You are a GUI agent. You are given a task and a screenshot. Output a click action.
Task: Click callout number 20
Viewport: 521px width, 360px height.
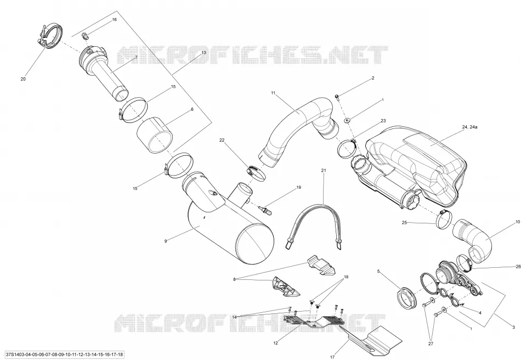23,79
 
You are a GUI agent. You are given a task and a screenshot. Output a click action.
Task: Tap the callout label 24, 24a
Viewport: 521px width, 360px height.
469,127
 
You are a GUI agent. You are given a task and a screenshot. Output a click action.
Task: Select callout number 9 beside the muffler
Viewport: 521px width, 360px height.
166,241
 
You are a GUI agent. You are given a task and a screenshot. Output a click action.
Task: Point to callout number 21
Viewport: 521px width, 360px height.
324,170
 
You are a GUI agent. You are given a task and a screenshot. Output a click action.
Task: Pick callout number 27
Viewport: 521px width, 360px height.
431,344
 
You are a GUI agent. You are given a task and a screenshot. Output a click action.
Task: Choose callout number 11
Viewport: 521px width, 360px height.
273,93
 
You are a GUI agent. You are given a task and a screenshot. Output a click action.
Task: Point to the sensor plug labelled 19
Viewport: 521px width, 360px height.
265,210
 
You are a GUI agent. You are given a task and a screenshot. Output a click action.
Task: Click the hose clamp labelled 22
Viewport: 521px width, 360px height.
256,173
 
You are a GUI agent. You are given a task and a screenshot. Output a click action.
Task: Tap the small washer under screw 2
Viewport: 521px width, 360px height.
348,120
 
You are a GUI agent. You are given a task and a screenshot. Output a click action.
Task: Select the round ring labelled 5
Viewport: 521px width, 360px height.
407,298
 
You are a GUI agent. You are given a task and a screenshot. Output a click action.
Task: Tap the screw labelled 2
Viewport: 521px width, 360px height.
337,97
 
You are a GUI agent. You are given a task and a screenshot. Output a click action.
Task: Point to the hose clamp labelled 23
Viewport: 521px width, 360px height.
347,148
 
